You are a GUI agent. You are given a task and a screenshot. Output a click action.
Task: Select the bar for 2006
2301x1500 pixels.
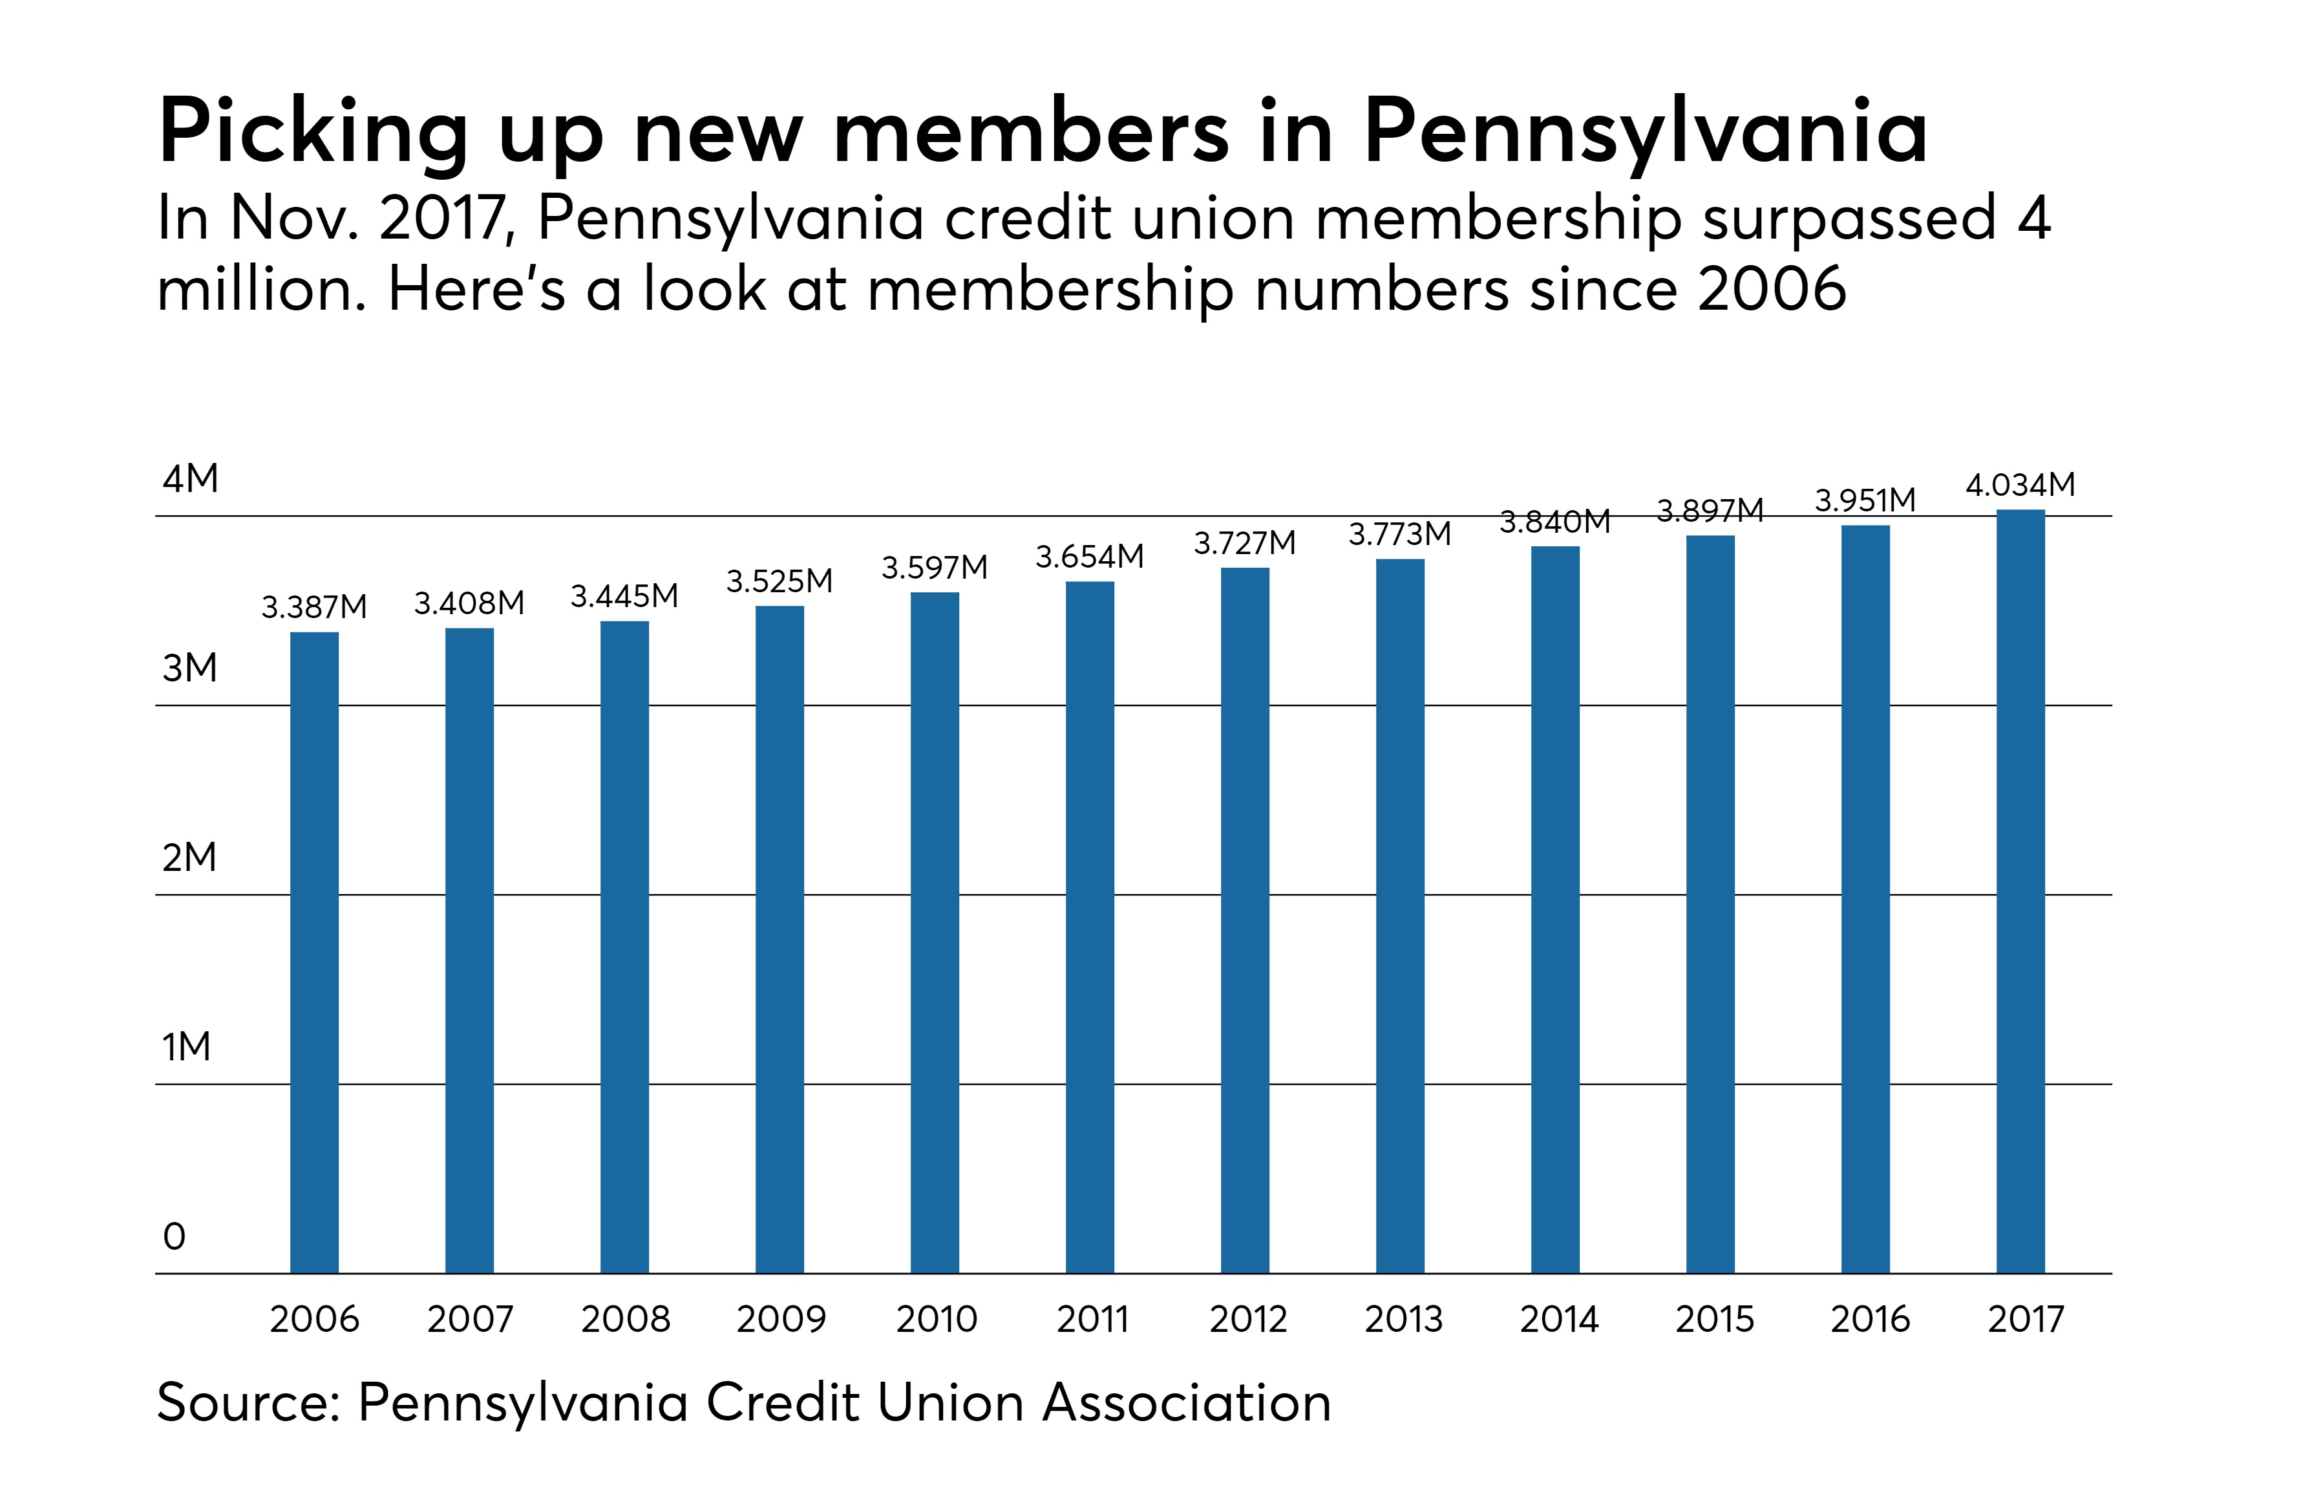[x=314, y=952]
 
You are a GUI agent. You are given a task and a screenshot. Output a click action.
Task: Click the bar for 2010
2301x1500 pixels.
[x=934, y=932]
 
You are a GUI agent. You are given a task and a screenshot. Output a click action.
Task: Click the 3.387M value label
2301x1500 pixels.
[x=314, y=607]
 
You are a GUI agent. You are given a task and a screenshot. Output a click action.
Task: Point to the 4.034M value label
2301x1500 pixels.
[x=2020, y=484]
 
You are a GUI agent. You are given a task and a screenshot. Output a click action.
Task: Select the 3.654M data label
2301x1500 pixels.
[x=1090, y=557]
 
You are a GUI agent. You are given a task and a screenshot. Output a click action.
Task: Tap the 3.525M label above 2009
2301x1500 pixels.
[x=779, y=581]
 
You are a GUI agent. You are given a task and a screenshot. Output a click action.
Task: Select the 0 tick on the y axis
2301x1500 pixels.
[x=174, y=1236]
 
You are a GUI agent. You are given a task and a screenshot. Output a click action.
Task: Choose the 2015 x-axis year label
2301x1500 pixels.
[x=1714, y=1319]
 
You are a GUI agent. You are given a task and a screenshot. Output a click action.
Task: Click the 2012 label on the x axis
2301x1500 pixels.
[x=1248, y=1319]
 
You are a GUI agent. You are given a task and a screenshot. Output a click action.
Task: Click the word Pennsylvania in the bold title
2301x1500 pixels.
[x=1646, y=133]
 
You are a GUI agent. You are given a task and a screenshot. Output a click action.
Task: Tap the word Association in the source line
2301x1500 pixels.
[x=1186, y=1402]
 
